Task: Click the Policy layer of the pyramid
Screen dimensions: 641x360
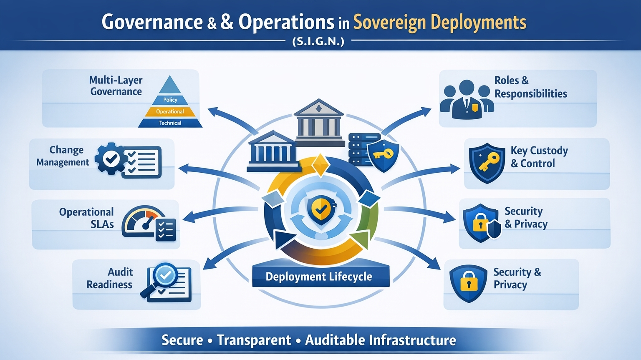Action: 170,100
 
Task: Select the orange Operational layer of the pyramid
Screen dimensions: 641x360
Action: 170,111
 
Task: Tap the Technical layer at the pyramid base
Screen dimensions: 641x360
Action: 170,123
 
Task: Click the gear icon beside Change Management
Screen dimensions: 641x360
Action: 110,159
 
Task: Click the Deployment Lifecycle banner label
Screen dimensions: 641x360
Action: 319,277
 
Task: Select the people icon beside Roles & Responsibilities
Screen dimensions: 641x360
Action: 467,99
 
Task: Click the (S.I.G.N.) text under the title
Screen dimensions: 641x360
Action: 318,41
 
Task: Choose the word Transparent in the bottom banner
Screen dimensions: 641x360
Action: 254,340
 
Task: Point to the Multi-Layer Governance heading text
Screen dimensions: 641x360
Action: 116,86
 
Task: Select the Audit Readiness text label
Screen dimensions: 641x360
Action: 110,278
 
